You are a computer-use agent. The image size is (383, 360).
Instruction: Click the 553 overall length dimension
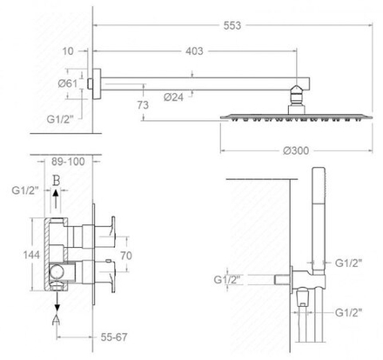coord(232,25)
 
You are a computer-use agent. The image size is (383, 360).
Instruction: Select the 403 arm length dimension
coord(194,51)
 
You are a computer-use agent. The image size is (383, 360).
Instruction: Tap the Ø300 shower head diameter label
coord(296,150)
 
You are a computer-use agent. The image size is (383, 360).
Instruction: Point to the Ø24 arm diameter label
coord(173,97)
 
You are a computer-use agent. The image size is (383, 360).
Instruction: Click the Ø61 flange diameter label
coord(68,83)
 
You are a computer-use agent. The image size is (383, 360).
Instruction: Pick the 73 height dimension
coord(143,104)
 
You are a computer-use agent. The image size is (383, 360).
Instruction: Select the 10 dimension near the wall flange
coord(68,51)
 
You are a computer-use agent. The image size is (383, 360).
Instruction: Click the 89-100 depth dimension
coord(68,162)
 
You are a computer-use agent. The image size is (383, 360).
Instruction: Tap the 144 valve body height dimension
coord(31,255)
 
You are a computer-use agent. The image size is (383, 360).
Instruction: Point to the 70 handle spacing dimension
coord(126,256)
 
